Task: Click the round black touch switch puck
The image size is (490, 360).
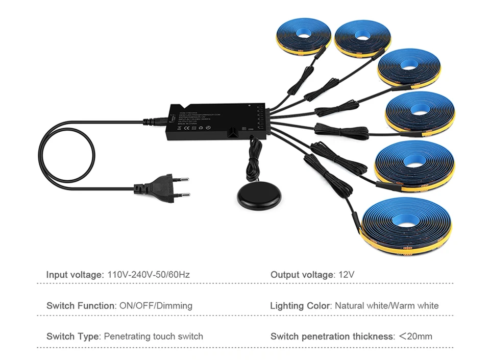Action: [x=259, y=195]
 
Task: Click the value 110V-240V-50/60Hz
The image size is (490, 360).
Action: [x=149, y=275]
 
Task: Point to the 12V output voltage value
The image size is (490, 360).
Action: [x=346, y=275]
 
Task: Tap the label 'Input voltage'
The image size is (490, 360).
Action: [x=75, y=275]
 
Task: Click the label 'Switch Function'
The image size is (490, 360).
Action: [x=81, y=306]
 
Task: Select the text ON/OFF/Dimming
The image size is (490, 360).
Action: [x=156, y=306]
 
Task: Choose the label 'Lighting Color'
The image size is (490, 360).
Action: [x=301, y=306]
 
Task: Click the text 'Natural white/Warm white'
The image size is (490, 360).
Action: [x=387, y=306]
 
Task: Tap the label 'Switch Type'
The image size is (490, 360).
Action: [x=73, y=337]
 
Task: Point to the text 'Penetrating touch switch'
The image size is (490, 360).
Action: [x=154, y=337]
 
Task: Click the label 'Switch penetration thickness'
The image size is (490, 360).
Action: [x=332, y=337]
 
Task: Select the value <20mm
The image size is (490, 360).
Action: [x=415, y=337]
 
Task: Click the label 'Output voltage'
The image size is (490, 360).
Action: [x=302, y=275]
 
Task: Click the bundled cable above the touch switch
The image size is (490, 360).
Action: [x=254, y=158]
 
